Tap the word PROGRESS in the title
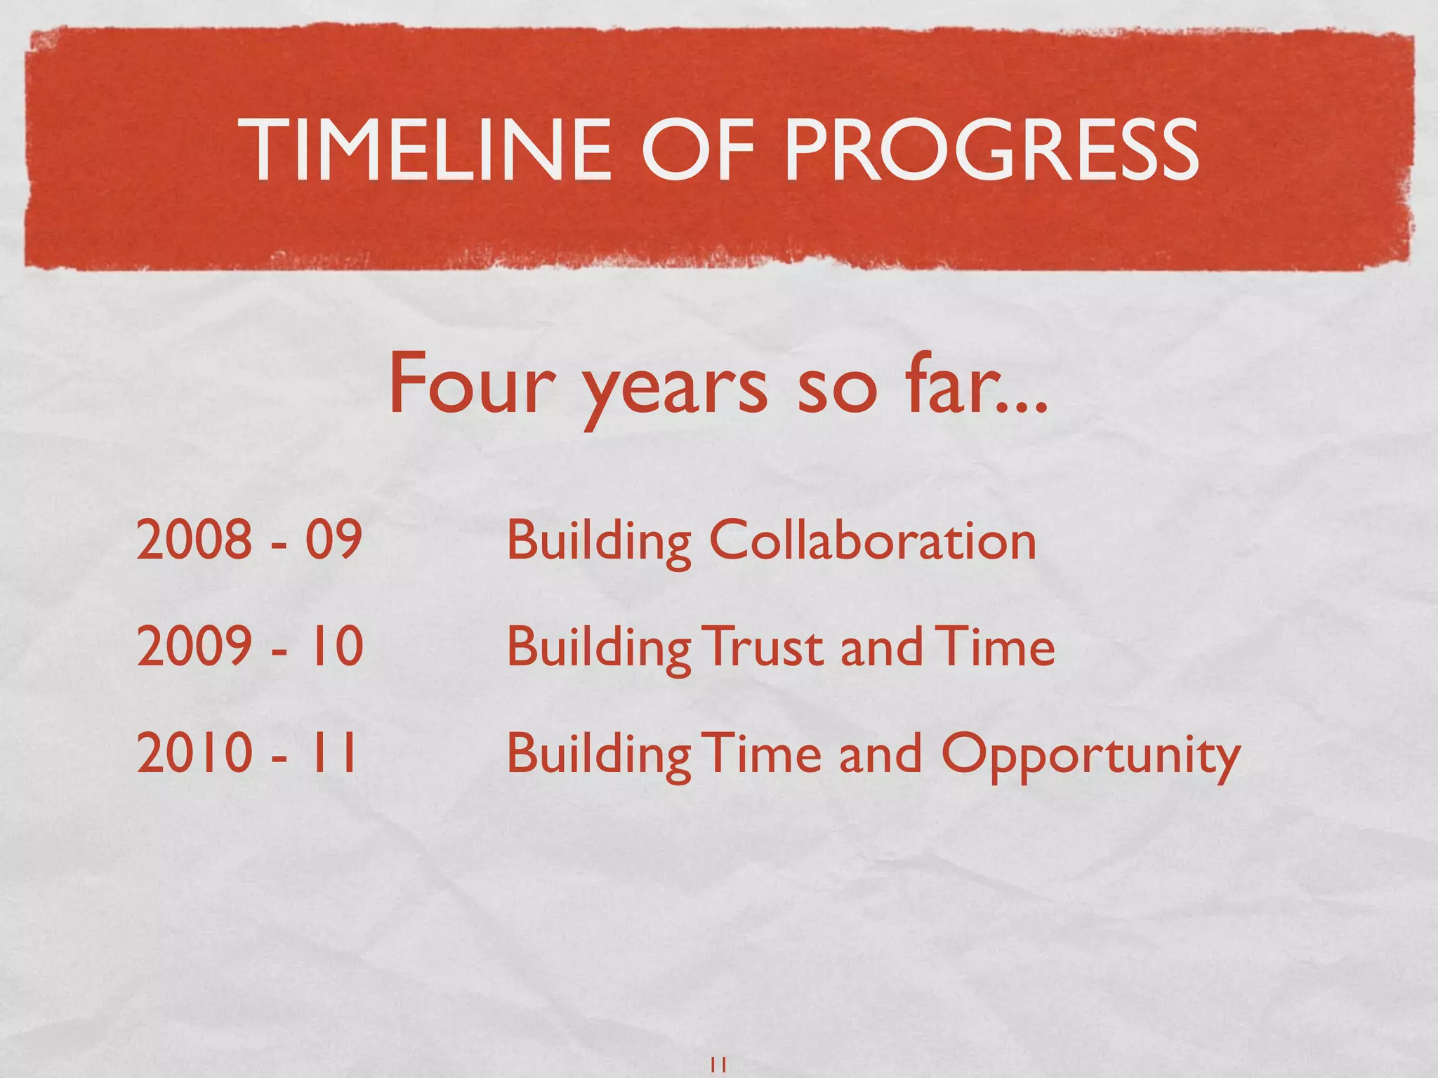coord(991,149)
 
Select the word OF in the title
coord(697,149)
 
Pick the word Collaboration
coord(872,541)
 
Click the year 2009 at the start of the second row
coord(194,646)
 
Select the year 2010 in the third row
coord(194,753)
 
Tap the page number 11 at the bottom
coord(718,1064)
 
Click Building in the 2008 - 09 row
coord(599,543)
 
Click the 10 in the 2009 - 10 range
coord(336,646)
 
